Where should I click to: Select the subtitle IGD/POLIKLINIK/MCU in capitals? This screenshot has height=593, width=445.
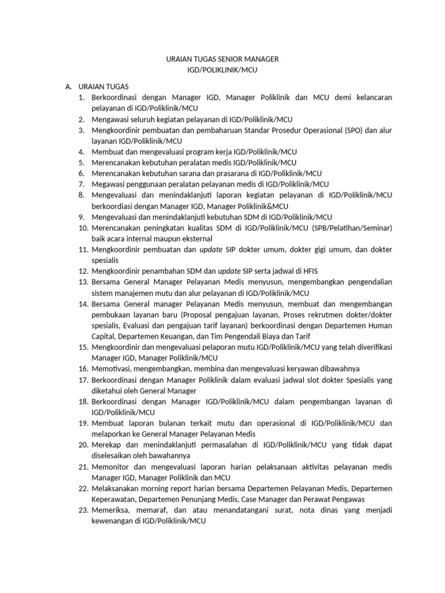(x=221, y=69)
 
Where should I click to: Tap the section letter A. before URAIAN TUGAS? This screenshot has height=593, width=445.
(x=69, y=87)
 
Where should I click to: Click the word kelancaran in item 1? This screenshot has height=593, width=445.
(x=371, y=97)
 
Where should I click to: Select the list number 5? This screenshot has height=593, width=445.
(x=82, y=162)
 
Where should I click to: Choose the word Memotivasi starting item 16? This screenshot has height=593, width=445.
(x=112, y=369)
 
